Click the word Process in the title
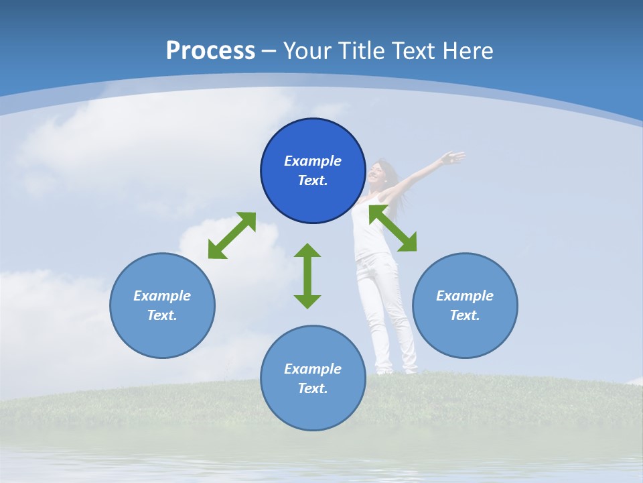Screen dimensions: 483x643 pos(210,51)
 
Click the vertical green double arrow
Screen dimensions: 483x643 pos(307,276)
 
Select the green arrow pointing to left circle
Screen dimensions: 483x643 pos(232,235)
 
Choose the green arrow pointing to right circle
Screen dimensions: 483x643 pos(393,228)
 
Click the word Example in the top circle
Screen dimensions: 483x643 pos(313,161)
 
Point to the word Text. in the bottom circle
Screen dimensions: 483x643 pos(313,388)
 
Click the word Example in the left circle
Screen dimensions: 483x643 pos(162,296)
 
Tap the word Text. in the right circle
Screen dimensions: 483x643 pos(465,315)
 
